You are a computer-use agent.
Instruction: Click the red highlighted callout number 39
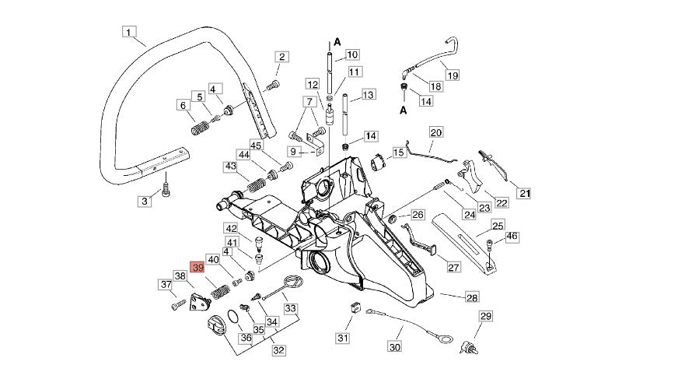(198, 268)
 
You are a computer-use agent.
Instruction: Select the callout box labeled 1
(130, 33)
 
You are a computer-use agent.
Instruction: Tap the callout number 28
(472, 297)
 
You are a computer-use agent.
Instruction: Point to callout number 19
(452, 75)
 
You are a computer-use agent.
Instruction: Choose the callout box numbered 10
(351, 54)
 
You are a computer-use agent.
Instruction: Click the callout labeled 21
(524, 194)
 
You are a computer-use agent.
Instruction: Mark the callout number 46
(512, 236)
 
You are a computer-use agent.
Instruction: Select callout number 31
(343, 338)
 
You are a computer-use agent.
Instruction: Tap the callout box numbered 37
(166, 285)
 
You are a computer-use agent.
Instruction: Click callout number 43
(230, 166)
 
